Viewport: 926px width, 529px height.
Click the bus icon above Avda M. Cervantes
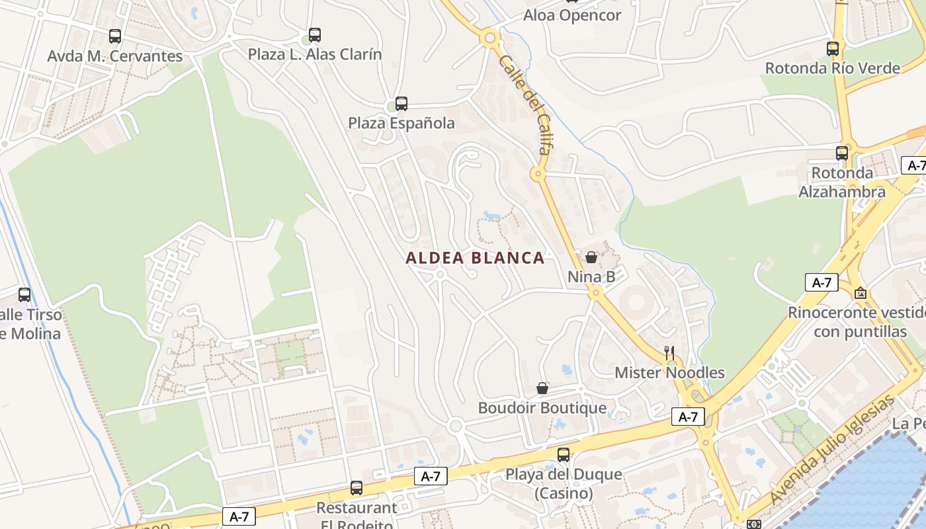[x=115, y=36]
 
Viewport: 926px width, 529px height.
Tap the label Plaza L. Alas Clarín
[x=315, y=54]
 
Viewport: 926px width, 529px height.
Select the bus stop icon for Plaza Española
[x=401, y=103]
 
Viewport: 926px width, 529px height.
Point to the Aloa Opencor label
[x=572, y=15]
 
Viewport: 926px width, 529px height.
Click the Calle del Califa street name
[x=525, y=105]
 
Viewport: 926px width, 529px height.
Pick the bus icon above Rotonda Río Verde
[x=833, y=48]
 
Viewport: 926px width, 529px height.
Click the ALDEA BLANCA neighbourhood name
[x=475, y=258]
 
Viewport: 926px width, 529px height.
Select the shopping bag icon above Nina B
[x=591, y=257]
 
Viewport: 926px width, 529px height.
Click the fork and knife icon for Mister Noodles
[x=669, y=352]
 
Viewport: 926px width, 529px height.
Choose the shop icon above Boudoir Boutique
[x=542, y=388]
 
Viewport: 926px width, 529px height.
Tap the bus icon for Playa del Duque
[x=564, y=454]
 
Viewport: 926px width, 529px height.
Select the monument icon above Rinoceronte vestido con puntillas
[x=861, y=292]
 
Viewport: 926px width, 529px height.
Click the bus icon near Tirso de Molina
[x=24, y=294]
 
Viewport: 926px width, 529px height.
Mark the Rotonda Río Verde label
[x=832, y=68]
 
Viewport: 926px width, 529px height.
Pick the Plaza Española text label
[x=401, y=123]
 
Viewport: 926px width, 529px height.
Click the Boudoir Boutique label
[x=542, y=408]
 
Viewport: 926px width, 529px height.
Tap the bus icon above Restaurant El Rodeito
[x=357, y=488]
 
